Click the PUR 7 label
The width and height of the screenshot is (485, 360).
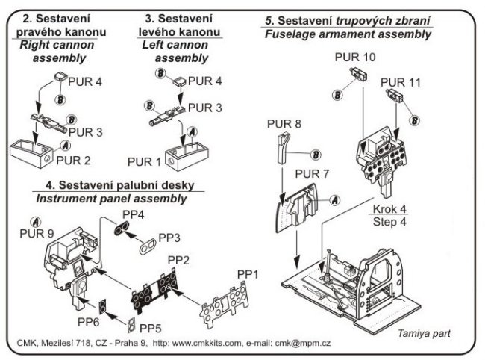point(312,175)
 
